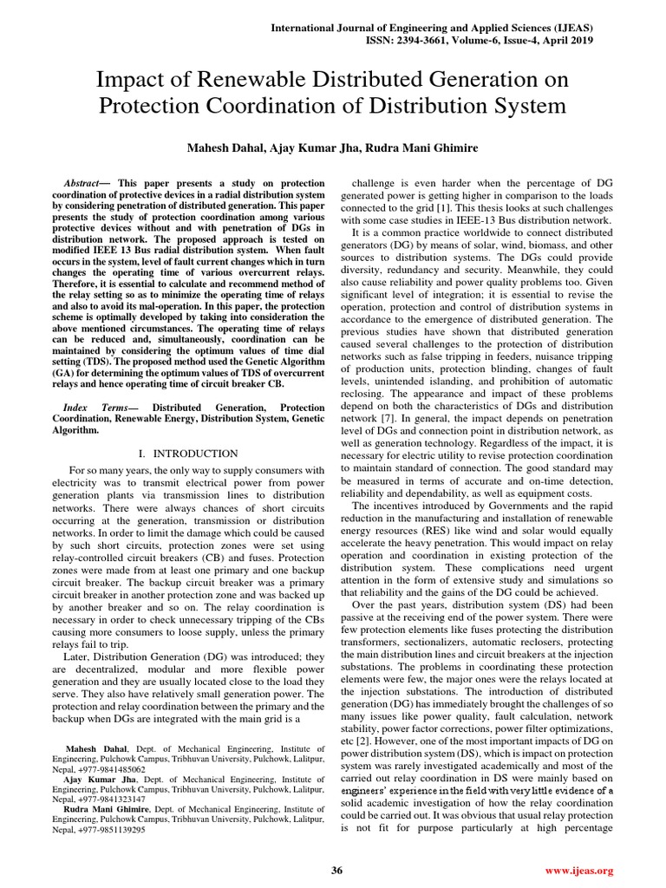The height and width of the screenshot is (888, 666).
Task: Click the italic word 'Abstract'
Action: (85, 185)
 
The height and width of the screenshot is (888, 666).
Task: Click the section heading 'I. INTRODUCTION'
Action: (188, 454)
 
